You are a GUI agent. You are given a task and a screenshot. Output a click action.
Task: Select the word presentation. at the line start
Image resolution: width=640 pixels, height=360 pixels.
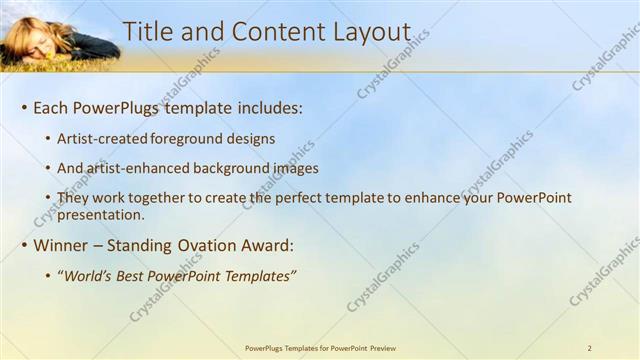(101, 214)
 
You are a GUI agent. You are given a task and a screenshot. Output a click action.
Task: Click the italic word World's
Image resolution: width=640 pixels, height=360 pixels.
(90, 276)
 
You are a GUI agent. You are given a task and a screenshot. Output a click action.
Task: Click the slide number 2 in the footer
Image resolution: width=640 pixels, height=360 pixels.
(589, 348)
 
